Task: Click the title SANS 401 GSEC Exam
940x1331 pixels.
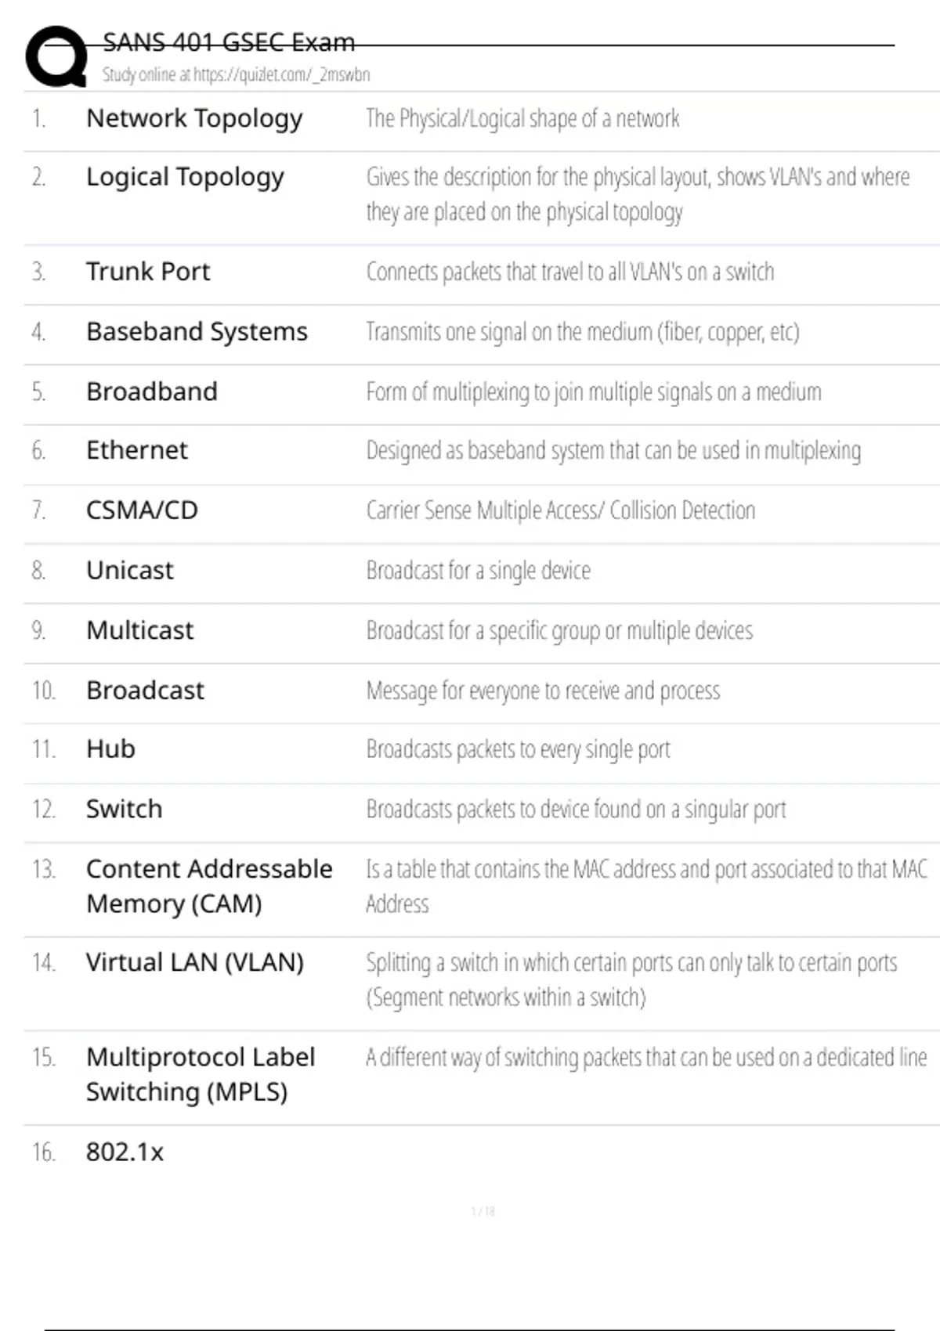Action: tap(229, 42)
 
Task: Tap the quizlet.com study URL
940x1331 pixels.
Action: tap(236, 75)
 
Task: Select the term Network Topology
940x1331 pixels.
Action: tap(194, 119)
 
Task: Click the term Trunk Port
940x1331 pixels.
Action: tap(148, 272)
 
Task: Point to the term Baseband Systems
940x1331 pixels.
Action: tap(197, 332)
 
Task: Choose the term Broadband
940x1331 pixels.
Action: tap(152, 391)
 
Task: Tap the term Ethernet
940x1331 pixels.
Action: tap(137, 451)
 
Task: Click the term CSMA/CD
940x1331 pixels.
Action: tap(142, 510)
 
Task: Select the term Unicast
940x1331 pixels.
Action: tap(130, 571)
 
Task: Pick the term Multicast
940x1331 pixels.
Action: tap(139, 631)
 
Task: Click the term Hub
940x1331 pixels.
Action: tap(110, 749)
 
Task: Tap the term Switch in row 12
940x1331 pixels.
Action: tap(125, 810)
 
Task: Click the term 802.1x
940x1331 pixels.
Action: tap(125, 1152)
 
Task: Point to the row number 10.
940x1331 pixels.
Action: tap(44, 691)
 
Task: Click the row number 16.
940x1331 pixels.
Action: tap(44, 1152)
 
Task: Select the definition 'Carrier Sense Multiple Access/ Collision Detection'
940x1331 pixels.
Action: tap(561, 510)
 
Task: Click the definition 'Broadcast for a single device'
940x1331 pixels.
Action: tap(479, 571)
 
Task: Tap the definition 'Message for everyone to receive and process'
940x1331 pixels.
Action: tap(543, 691)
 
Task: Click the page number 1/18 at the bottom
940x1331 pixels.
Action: tap(483, 1212)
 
